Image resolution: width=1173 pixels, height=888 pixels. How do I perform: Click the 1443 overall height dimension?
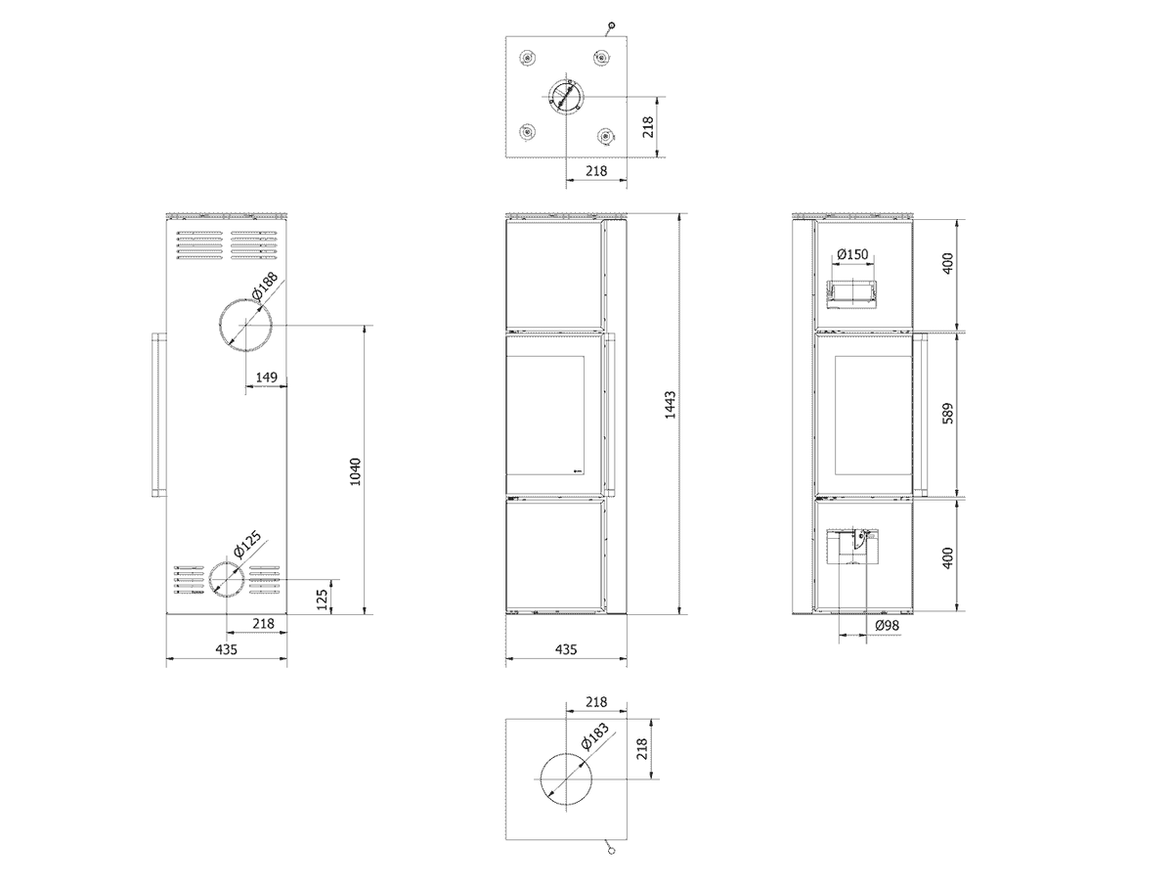tap(671, 405)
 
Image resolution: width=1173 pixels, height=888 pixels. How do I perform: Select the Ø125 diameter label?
tap(247, 544)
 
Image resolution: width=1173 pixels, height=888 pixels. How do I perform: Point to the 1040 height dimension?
tap(356, 471)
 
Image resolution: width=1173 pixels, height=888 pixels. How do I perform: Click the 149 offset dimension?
tap(266, 377)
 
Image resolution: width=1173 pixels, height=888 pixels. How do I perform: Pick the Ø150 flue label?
tap(853, 254)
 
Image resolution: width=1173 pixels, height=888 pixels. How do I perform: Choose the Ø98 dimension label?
tap(888, 625)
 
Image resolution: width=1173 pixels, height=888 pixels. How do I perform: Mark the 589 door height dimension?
tap(947, 414)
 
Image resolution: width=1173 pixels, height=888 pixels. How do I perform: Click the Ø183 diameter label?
tap(594, 736)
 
